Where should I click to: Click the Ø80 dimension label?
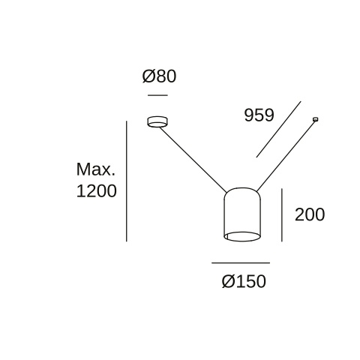coord(159,76)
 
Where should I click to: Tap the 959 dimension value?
coord(259,115)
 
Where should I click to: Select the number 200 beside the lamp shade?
coord(310,214)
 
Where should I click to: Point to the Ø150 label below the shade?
coord(244,281)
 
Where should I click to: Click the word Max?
coord(96,169)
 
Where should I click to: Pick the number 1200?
coord(97,191)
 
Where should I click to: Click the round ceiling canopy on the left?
coord(157,121)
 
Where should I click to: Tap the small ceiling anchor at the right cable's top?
coord(316,119)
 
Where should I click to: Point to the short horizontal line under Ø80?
coord(157,95)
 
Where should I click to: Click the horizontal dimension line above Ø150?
coord(241,262)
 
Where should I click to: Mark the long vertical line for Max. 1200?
coord(127,181)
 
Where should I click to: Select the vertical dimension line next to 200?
coord(282,215)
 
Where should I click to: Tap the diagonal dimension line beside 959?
coord(278,129)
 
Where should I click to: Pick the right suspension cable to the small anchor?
coord(286,156)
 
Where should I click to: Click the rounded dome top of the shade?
coord(242,193)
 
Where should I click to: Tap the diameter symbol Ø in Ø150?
coord(228,281)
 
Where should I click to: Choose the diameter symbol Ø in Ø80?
coord(148,76)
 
